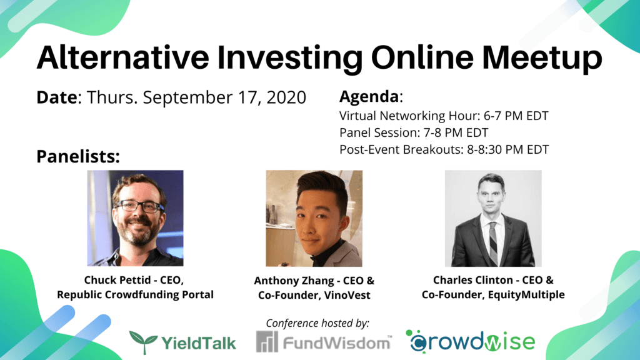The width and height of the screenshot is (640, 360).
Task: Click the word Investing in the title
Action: [x=289, y=58]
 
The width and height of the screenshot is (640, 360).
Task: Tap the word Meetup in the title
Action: [x=542, y=58]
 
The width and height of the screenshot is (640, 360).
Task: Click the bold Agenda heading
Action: [x=369, y=96]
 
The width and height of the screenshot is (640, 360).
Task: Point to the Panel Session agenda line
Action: [x=414, y=132]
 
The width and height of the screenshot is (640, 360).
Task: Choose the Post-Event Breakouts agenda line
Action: [x=444, y=149]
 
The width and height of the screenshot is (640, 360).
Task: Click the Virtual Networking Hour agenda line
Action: [x=444, y=116]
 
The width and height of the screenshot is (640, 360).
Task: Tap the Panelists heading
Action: [x=78, y=156]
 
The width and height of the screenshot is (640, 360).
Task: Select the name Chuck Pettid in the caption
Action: [x=117, y=280]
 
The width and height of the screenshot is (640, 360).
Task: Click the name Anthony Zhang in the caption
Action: [x=294, y=281]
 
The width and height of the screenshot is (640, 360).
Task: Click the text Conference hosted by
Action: [x=317, y=323]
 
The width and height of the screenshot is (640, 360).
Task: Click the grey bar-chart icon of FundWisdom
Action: [x=267, y=341]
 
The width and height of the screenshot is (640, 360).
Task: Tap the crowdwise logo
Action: [x=470, y=341]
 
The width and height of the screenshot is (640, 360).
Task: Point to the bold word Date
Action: [x=57, y=97]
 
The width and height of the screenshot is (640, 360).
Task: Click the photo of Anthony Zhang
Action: [x=314, y=218]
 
